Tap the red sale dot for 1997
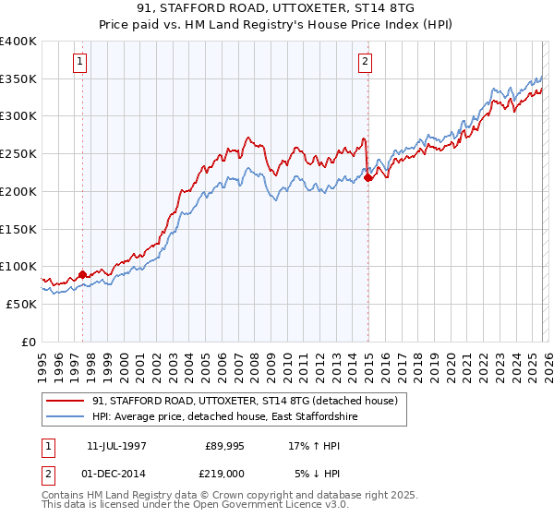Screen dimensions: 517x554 tap(82, 273)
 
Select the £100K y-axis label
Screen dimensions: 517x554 tap(18, 267)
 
